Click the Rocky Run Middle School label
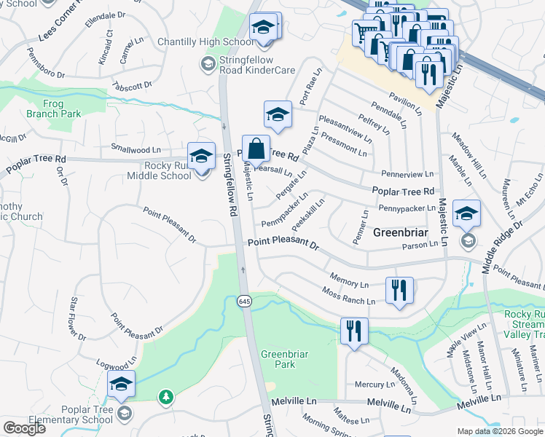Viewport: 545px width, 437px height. tap(159, 170)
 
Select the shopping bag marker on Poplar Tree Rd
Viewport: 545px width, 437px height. tap(256, 149)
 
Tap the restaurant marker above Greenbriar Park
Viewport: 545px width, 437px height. tap(354, 331)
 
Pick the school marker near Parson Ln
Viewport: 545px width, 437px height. tap(466, 213)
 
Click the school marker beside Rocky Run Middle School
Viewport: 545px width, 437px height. tap(202, 156)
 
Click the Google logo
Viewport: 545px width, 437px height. tap(24, 428)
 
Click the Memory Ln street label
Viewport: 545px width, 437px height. tap(349, 283)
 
